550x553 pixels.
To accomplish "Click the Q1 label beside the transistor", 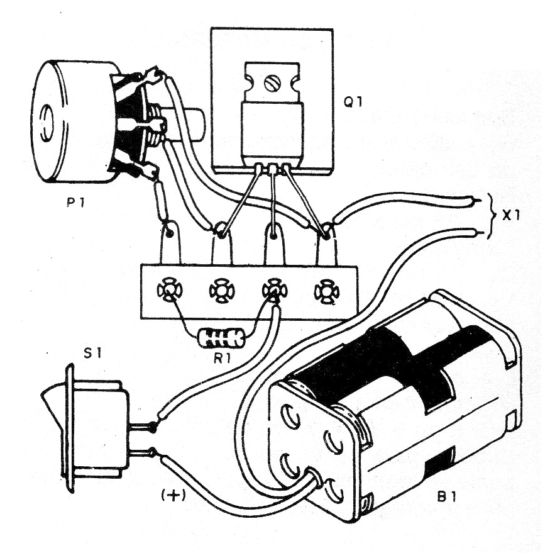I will coord(361,101).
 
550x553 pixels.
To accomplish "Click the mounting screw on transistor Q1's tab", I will coord(272,82).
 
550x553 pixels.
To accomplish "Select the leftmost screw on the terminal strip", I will coord(168,291).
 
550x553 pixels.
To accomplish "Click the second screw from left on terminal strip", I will coord(221,291).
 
